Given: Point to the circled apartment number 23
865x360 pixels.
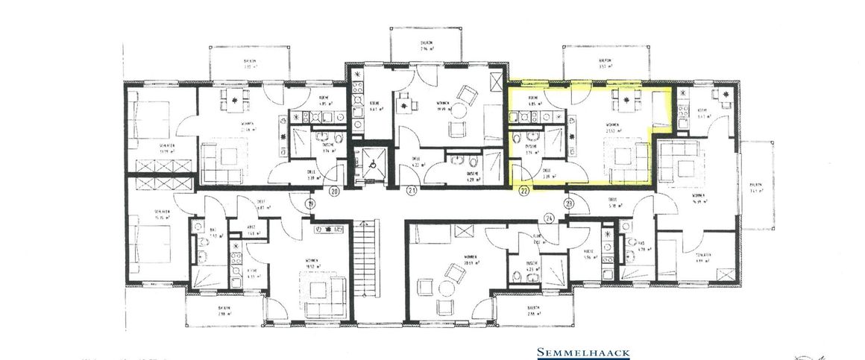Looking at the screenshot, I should pos(570,203).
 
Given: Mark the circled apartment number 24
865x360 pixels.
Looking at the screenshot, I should pos(550,218).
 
